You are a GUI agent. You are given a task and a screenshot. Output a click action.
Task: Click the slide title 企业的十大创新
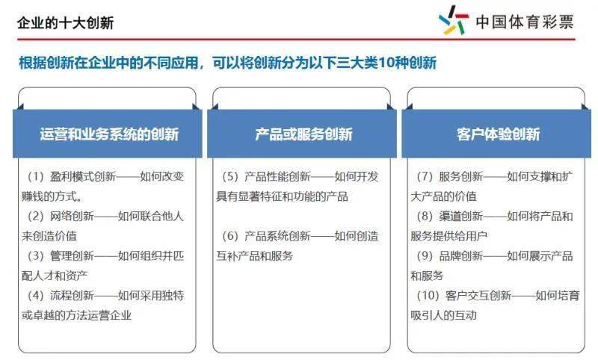coord(65,23)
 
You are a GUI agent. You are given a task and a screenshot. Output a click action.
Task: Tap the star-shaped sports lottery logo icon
coord(454,20)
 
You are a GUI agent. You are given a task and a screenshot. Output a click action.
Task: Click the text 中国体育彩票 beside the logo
coord(525,22)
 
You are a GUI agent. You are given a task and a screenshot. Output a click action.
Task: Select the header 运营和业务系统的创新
coord(109,134)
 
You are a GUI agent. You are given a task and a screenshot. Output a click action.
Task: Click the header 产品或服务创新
coord(303,134)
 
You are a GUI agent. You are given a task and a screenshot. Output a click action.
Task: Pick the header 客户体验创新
coord(498,134)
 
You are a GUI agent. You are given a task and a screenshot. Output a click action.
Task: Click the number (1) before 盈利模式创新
coord(36,176)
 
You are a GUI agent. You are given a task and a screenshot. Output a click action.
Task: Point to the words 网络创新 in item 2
coord(72,216)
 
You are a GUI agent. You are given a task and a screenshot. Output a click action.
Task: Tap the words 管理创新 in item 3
coord(72,255)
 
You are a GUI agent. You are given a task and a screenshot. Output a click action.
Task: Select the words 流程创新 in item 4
coord(72,295)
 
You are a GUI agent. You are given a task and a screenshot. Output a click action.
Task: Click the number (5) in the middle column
coord(230,176)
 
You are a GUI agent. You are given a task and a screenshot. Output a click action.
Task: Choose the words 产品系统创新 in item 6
coord(277,236)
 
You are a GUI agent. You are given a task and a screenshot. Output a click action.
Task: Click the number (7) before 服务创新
coord(425,176)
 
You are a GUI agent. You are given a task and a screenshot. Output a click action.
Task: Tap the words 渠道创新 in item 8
coord(460,216)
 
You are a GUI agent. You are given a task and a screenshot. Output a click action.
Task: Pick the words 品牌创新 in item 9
coord(460,255)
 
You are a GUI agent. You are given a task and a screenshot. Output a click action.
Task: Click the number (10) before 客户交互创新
coord(428,295)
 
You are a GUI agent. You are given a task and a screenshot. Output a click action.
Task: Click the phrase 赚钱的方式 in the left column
coord(49,196)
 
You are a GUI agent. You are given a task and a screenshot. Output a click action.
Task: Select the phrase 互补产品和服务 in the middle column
coord(254,255)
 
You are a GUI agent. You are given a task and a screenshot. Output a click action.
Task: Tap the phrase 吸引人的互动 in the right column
coord(443,315)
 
